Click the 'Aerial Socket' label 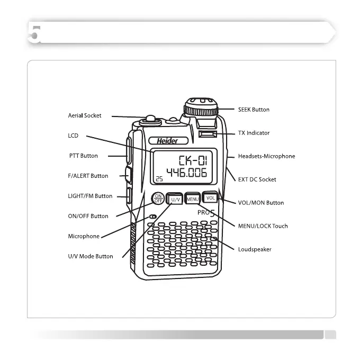click(x=85, y=115)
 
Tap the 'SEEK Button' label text click(x=254, y=110)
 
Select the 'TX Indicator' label click(x=254, y=133)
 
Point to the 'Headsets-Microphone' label click(x=266, y=156)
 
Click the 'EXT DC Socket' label click(x=257, y=179)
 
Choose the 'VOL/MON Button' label click(x=260, y=203)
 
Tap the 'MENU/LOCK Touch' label click(x=263, y=226)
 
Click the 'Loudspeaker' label click(x=254, y=249)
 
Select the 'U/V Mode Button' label click(x=91, y=256)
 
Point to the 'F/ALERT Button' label click(x=88, y=176)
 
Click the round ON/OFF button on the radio click(x=157, y=199)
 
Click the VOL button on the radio click(x=210, y=198)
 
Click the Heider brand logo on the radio click(x=167, y=141)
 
